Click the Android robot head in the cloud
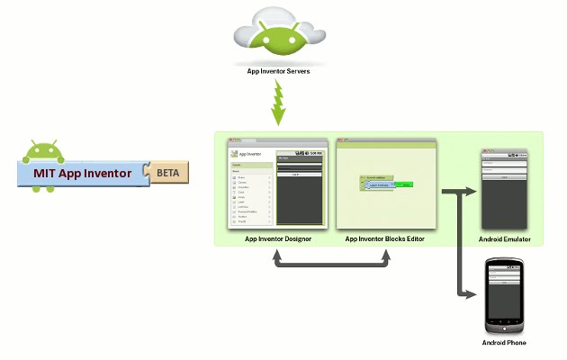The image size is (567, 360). (x=278, y=37)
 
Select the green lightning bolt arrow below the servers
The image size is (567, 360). (x=278, y=103)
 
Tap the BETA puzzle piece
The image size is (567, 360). (x=167, y=172)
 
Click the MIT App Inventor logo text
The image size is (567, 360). (x=82, y=173)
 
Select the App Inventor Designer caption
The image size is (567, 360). (x=277, y=240)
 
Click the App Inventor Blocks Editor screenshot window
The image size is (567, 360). (x=385, y=184)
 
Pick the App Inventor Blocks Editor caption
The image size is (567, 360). (x=385, y=240)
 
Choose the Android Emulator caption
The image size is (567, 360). (x=505, y=240)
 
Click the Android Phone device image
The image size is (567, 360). (x=504, y=294)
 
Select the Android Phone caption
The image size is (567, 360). (x=504, y=343)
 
